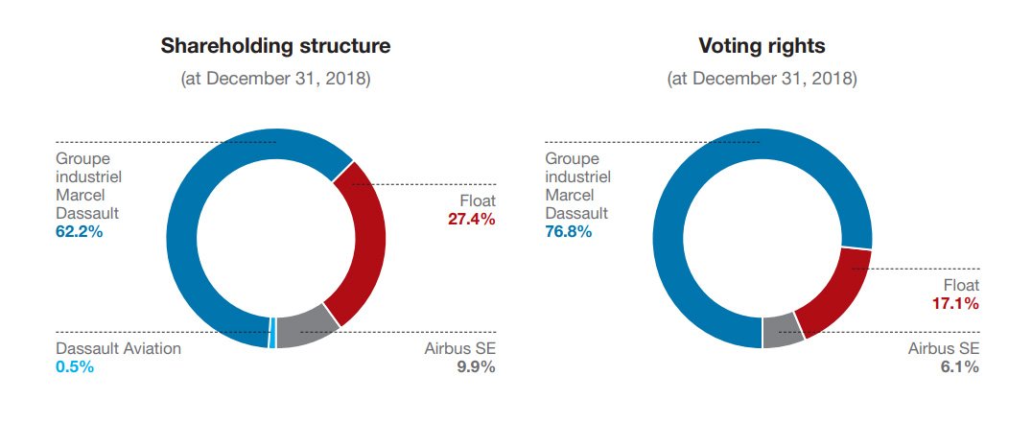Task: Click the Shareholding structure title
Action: pos(275,45)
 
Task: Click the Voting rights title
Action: pos(762,45)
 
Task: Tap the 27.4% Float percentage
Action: pos(471,220)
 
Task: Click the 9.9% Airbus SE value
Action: pos(475,366)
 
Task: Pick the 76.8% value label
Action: pos(569,232)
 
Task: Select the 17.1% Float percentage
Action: pos(955,304)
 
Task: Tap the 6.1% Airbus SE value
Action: pos(959,366)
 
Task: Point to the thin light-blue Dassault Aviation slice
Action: pos(272,333)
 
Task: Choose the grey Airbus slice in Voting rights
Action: pos(783,331)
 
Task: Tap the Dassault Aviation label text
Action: pos(118,348)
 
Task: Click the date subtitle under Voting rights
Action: pos(762,79)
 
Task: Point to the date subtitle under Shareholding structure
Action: pos(275,79)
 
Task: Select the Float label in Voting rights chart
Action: pos(961,285)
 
